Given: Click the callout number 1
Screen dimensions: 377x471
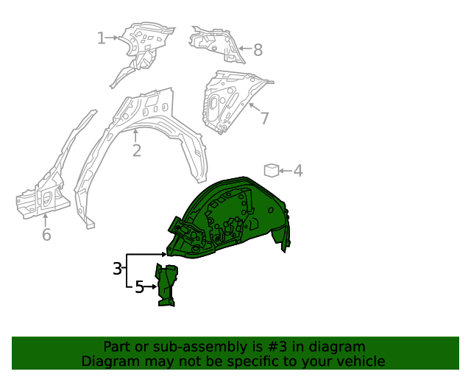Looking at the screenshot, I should click(102, 38).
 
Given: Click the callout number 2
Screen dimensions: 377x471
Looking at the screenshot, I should click(136, 151).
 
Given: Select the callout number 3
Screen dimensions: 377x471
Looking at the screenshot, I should click(118, 269).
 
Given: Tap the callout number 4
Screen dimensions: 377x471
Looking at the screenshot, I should click(298, 171).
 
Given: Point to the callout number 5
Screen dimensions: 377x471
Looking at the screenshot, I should click(139, 287).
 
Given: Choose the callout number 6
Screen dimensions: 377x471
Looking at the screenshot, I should click(46, 235).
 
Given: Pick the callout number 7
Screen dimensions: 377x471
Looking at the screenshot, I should click(264, 118).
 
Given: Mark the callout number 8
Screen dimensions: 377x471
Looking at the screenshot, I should click(258, 50).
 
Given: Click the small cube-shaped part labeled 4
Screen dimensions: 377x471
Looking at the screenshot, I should click(272, 171).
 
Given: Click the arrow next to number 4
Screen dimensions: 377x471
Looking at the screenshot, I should click(286, 171).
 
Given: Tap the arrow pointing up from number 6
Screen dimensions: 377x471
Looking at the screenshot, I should click(46, 219).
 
